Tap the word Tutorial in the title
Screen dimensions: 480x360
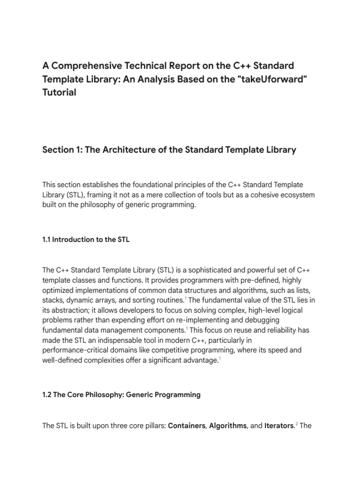click(x=59, y=92)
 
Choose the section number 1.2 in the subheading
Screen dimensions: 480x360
click(x=47, y=395)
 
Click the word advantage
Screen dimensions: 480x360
click(x=200, y=360)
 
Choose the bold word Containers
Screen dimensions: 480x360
click(x=187, y=426)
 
